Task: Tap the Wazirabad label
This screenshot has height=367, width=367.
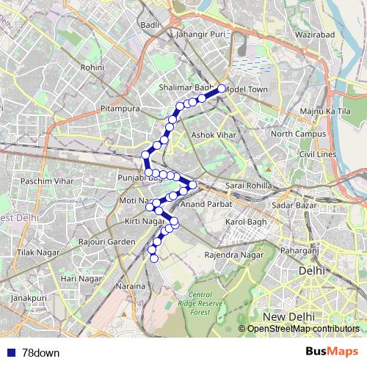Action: [315, 34]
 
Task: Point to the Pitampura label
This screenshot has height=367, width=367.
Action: [120, 109]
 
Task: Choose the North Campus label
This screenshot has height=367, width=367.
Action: [293, 134]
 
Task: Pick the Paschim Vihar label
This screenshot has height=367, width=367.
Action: [42, 180]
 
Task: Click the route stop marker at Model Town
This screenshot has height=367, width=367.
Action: [221, 90]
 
